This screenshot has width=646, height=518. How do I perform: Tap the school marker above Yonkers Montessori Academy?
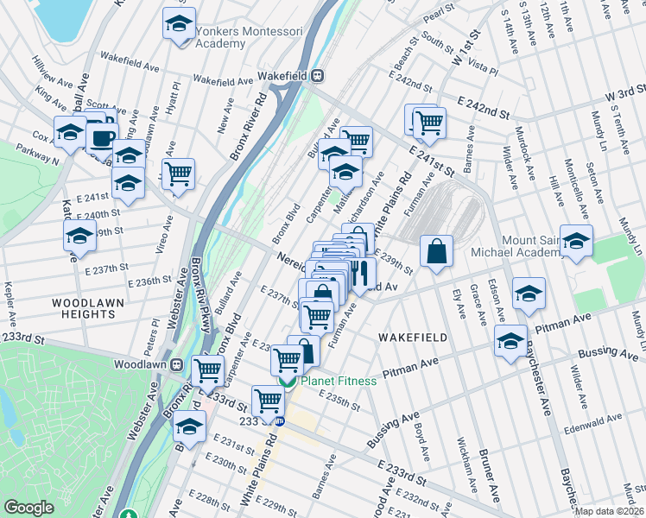pyautogui.click(x=179, y=23)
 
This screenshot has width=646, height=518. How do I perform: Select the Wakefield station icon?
pyautogui.click(x=318, y=75)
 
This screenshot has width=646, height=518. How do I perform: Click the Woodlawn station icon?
pyautogui.click(x=175, y=364)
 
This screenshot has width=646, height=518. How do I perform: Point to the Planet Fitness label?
pyautogui.click(x=339, y=381)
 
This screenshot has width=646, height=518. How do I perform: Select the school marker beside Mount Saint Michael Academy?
pyautogui.click(x=576, y=241)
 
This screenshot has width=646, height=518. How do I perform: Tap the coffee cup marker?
pyautogui.click(x=103, y=137)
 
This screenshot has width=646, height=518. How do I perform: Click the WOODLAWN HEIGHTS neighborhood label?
pyautogui.click(x=90, y=310)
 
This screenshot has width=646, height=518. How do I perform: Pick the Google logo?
pyautogui.click(x=29, y=508)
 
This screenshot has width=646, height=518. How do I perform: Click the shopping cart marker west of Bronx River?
pyautogui.click(x=179, y=174)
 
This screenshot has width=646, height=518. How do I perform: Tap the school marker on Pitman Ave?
pyautogui.click(x=511, y=341)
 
